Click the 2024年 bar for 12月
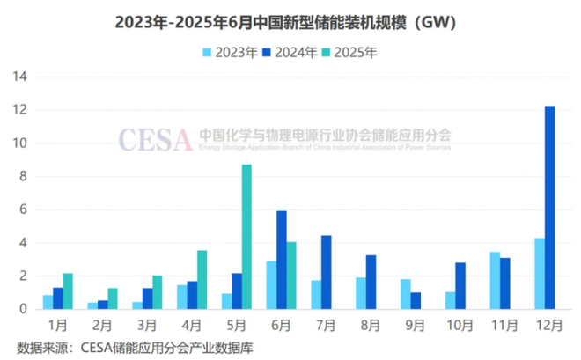pyautogui.click(x=549, y=208)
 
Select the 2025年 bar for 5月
pyautogui.click(x=246, y=237)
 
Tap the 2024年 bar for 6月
pyautogui.click(x=282, y=260)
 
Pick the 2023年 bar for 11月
pyautogui.click(x=495, y=280)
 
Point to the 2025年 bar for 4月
pyautogui.click(x=202, y=279)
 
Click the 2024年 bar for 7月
pyautogui.click(x=326, y=272)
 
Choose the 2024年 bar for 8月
pyautogui.click(x=371, y=282)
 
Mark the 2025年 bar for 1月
pyautogui.click(x=68, y=290)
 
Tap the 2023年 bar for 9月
pyautogui.click(x=405, y=293)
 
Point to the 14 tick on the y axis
pyautogui.click(x=20, y=77)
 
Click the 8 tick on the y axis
pyautogui.click(x=24, y=176)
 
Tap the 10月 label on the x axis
pyautogui.click(x=455, y=325)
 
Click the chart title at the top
pyautogui.click(x=290, y=22)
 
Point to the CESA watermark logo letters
pyautogui.click(x=155, y=138)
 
